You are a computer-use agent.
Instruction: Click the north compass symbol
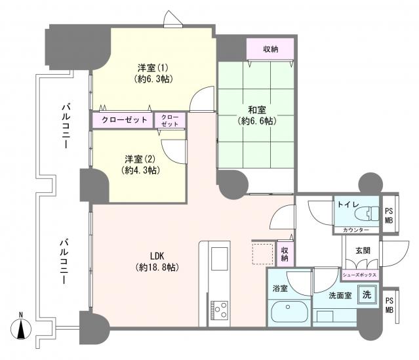(21, 328)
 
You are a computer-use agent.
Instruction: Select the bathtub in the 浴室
(289, 312)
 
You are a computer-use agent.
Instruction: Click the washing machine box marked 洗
(367, 294)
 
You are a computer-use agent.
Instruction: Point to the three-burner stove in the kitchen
(219, 310)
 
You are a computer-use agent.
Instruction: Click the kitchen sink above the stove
(220, 258)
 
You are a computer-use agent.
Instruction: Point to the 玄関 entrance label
(363, 250)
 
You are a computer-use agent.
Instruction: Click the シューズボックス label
(361, 275)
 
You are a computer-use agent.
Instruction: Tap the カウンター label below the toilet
(355, 230)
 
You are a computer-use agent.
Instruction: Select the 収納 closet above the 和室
(270, 49)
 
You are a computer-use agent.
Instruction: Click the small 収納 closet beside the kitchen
(285, 254)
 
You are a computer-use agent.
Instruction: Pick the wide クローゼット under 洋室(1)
(123, 120)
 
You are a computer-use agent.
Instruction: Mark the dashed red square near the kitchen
(263, 254)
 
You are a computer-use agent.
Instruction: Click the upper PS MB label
(389, 215)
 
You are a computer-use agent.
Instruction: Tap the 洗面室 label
(340, 296)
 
